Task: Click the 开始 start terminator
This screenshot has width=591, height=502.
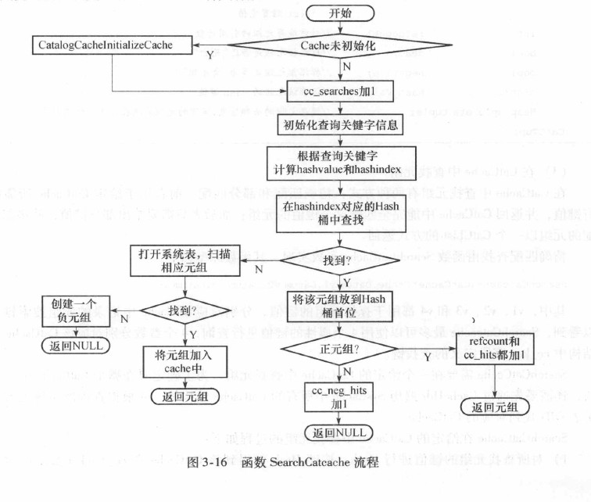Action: [x=328, y=13]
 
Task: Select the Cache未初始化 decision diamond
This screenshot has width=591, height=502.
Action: [x=328, y=45]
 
